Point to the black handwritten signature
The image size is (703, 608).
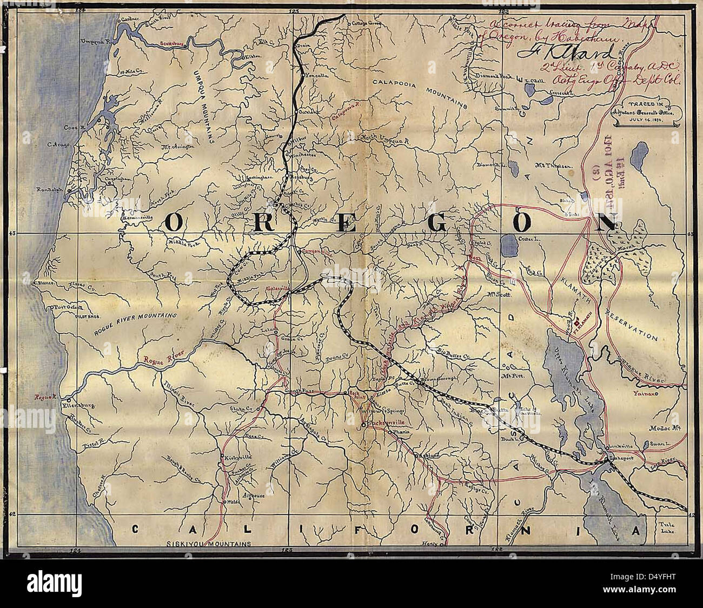tap(568, 52)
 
